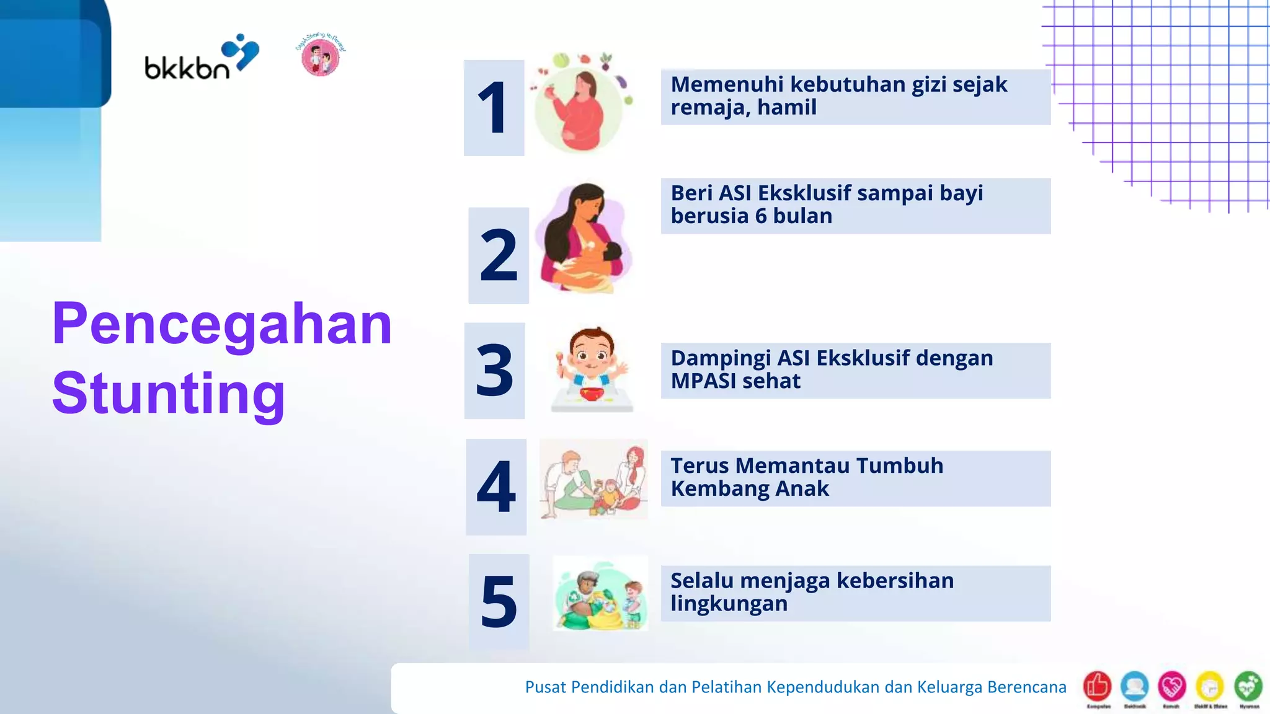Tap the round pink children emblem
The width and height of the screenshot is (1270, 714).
pyautogui.click(x=320, y=56)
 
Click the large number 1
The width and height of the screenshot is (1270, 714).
pyautogui.click(x=494, y=108)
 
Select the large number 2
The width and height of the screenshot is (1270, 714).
pyautogui.click(x=499, y=255)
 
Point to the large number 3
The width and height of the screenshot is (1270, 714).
pyautogui.click(x=494, y=371)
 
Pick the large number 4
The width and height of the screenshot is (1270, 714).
pyautogui.click(x=496, y=487)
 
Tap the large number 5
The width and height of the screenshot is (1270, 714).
pyautogui.click(x=499, y=601)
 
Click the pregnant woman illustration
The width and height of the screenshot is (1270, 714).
pyautogui.click(x=580, y=105)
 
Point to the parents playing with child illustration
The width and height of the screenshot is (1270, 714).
pyautogui.click(x=593, y=479)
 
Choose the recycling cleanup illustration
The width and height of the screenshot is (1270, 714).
pyautogui.click(x=600, y=594)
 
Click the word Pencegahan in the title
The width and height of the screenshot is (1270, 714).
pyautogui.click(x=222, y=324)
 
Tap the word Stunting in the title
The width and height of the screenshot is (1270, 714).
pyautogui.click(x=169, y=393)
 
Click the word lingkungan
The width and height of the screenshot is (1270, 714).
pyautogui.click(x=729, y=603)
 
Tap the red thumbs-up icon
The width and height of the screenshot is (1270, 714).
pyautogui.click(x=1097, y=686)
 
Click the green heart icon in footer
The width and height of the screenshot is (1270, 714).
pyautogui.click(x=1248, y=686)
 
